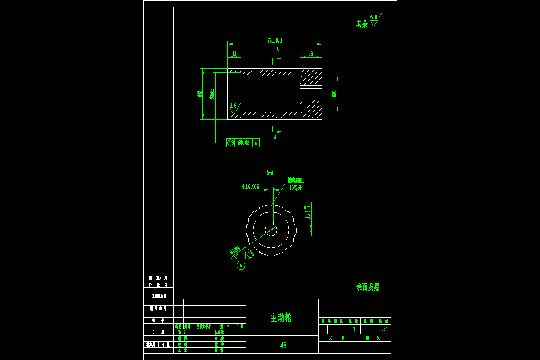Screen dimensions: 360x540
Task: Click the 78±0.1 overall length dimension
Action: (274, 40)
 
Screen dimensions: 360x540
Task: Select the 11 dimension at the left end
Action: (234, 54)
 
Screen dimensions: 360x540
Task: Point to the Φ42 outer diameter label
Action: (199, 94)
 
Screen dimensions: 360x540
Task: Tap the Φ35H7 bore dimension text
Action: (211, 94)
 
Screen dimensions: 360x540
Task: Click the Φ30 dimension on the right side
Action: (334, 94)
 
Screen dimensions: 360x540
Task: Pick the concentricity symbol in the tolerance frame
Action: (230, 143)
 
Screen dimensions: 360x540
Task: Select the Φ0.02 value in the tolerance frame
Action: (244, 143)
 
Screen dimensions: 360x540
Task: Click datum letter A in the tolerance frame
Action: (256, 143)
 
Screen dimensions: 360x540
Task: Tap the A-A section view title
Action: (270, 172)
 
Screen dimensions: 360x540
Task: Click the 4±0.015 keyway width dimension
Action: (250, 186)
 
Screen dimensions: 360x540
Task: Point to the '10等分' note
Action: (296, 188)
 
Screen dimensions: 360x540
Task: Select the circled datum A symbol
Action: (241, 265)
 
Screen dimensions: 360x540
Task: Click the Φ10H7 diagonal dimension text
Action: (235, 250)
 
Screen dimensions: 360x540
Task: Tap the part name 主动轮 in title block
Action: (281, 317)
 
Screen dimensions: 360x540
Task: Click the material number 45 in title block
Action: (283, 346)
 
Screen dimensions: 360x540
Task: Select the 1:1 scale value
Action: (383, 329)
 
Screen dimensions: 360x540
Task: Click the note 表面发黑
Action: (368, 287)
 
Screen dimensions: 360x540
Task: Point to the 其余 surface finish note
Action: (362, 24)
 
